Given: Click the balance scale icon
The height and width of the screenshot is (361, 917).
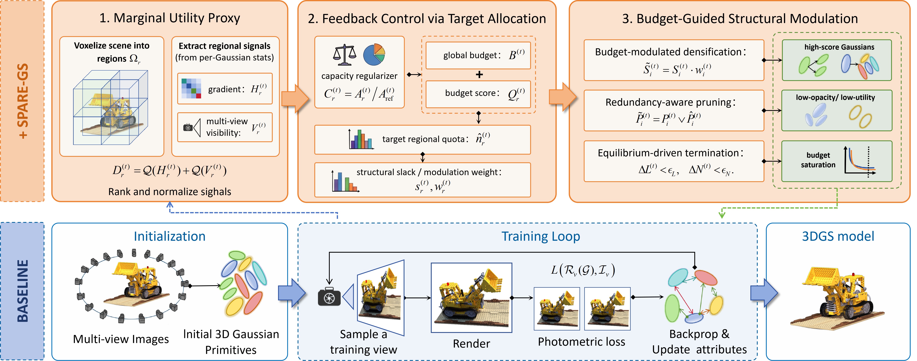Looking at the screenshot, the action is [344, 55].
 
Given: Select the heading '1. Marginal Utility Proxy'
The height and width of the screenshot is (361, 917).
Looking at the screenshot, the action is [170, 18].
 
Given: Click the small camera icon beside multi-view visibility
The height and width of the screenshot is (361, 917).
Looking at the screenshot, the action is [188, 127].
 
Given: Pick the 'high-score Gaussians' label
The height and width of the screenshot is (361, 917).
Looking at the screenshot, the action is [839, 47].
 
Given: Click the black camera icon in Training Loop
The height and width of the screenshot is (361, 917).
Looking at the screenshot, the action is [329, 297].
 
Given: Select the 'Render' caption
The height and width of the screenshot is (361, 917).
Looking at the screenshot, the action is [471, 344].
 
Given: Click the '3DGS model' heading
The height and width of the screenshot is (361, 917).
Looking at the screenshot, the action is [838, 236].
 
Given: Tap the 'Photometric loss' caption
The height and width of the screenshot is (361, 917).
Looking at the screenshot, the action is [581, 342].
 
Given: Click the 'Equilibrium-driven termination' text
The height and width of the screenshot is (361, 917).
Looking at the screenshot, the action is [668, 153].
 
